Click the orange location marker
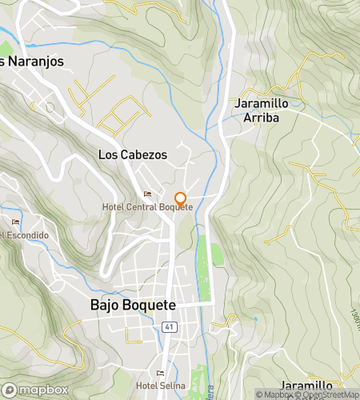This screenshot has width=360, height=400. pyautogui.click(x=180, y=199)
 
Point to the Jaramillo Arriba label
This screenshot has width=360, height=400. pyautogui.click(x=262, y=110)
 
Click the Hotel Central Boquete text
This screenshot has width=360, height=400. pyautogui.click(x=148, y=206)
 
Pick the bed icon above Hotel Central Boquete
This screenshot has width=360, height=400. pyautogui.click(x=146, y=194)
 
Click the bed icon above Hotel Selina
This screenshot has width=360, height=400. pyautogui.click(x=161, y=372)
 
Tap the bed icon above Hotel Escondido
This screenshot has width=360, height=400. pyautogui.click(x=15, y=222)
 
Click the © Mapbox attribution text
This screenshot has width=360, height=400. pyautogui.click(x=274, y=394)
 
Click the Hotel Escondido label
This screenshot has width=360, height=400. pyautogui.click(x=24, y=235)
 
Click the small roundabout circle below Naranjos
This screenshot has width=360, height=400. pyautogui.click(x=50, y=107)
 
